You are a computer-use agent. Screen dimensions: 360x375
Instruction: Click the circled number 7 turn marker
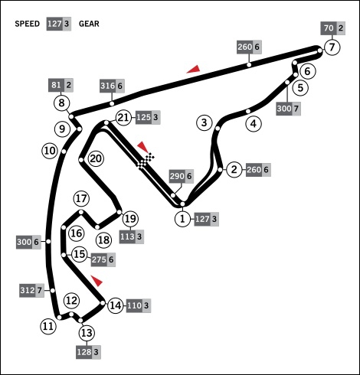point(332,47)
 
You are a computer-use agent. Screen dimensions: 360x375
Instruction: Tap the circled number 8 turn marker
point(62,103)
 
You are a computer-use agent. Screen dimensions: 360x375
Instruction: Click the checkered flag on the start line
point(146,161)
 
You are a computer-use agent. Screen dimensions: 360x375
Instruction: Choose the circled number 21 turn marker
point(123,118)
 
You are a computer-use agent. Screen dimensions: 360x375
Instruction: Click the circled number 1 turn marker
point(182,219)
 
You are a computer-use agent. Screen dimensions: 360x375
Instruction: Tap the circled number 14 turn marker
point(116,305)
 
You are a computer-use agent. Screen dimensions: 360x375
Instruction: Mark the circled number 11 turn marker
point(48,326)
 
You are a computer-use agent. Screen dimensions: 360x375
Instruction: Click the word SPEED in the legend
point(28,24)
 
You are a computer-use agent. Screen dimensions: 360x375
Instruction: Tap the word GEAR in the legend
point(89,24)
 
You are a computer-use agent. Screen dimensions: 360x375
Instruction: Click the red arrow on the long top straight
point(193,69)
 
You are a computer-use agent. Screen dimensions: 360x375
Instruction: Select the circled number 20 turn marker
point(96,158)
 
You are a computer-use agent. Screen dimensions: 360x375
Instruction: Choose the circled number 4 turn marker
point(254,124)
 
